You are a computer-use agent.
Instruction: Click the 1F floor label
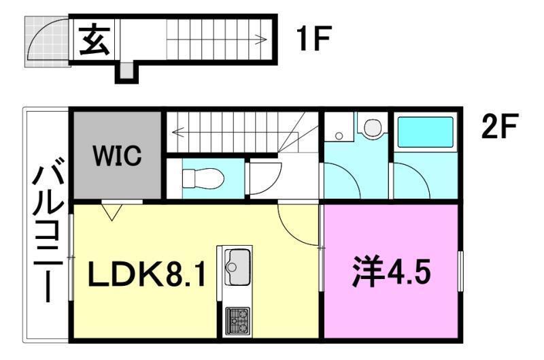[313, 41]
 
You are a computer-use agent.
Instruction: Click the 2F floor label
[499, 127]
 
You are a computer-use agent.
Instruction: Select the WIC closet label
[118, 156]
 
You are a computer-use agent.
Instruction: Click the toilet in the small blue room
[203, 178]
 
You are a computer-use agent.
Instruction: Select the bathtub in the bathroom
[425, 132]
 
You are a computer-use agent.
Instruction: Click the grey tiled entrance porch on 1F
[46, 40]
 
